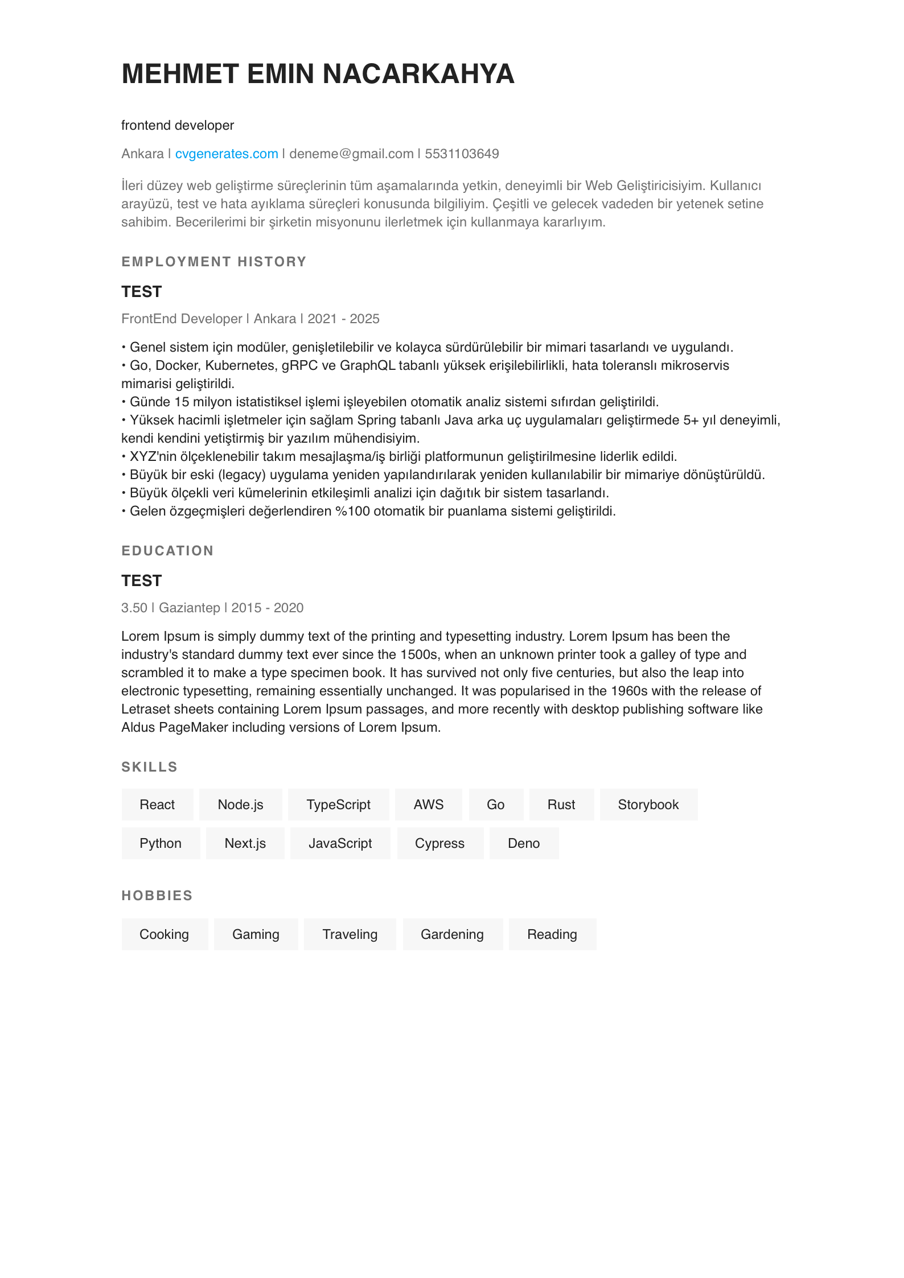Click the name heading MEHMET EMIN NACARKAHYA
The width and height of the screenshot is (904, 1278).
(318, 74)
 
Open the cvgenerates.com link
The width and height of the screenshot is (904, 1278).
(227, 154)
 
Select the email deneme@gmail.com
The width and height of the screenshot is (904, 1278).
(351, 154)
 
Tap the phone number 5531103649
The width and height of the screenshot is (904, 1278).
(462, 154)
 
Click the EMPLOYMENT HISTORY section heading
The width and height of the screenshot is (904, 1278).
(214, 262)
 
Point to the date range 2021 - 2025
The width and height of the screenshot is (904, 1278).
(343, 319)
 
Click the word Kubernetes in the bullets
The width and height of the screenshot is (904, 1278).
(240, 365)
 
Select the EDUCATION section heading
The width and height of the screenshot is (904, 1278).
(167, 551)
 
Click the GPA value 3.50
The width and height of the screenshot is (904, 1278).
(134, 608)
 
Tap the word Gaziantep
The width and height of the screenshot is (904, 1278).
(189, 608)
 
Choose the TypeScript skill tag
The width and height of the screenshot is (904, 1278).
(338, 805)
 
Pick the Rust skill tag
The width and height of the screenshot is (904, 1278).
(561, 805)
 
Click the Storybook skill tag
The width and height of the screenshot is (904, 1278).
(648, 805)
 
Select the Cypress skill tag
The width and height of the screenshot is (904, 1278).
(439, 843)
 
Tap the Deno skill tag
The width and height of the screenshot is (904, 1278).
(523, 843)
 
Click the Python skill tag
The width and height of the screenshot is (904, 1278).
(161, 843)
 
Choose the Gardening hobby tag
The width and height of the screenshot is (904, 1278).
(452, 934)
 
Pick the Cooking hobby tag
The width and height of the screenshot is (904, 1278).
(164, 934)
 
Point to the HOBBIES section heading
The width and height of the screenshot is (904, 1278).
(157, 896)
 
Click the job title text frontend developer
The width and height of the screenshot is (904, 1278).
(178, 125)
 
